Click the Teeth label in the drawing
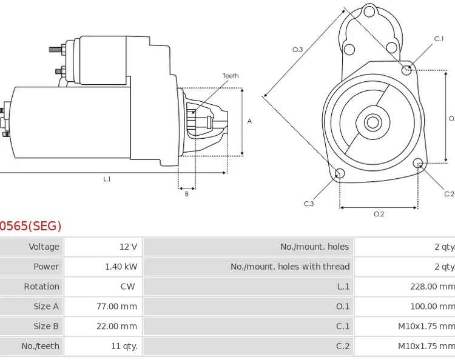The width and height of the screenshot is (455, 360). point(231,76)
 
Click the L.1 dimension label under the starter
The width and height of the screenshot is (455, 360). point(107,179)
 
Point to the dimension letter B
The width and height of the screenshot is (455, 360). point(186,195)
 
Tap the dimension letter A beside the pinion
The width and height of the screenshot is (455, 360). point(249,121)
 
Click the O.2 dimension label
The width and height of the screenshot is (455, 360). point(379,214)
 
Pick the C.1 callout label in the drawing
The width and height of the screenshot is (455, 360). point(439,39)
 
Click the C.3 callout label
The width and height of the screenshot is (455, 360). point(309,204)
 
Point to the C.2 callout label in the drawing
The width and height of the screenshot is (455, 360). point(449,194)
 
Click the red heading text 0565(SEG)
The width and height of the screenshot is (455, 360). point(30,226)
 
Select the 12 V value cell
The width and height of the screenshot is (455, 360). point(128,247)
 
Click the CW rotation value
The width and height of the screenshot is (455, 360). point(127,287)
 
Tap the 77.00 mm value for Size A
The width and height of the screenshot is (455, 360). point(116,307)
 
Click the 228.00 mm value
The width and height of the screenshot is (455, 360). point(432,287)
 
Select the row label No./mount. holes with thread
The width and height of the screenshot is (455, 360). point(290,267)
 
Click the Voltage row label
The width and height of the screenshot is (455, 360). point(44,247)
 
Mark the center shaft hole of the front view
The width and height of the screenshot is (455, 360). point(372,122)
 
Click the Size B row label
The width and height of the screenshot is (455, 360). point(46,326)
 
